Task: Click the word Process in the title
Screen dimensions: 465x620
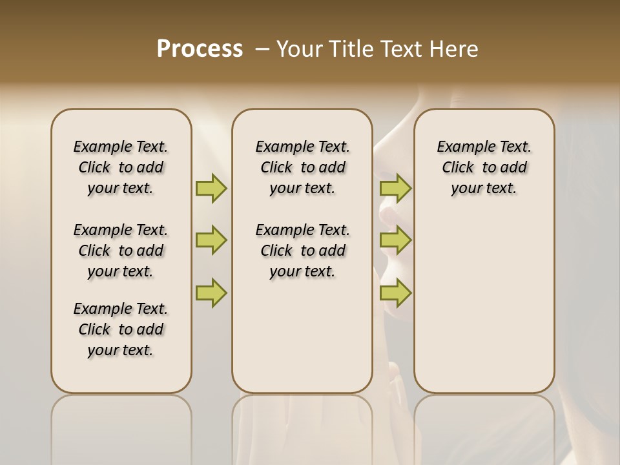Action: click(x=200, y=49)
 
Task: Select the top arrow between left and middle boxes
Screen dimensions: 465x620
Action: click(x=211, y=188)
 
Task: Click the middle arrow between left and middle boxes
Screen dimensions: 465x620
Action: click(x=211, y=240)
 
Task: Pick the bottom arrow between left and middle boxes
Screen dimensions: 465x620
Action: click(x=211, y=293)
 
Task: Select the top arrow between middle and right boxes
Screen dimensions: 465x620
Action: click(x=395, y=188)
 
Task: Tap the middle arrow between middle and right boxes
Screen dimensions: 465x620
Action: click(x=395, y=240)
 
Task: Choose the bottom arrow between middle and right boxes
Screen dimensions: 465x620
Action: click(x=395, y=293)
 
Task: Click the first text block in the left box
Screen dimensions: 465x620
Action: click(x=121, y=167)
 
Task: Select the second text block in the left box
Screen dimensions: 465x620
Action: click(x=121, y=251)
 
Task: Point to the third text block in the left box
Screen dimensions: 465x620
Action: click(x=121, y=329)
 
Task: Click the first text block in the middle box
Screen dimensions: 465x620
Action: click(x=302, y=167)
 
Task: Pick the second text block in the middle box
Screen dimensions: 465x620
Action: click(x=302, y=251)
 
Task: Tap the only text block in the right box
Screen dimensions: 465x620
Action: click(x=484, y=167)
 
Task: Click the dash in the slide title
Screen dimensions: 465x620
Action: click(x=262, y=49)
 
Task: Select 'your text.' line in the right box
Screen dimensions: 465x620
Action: click(x=484, y=188)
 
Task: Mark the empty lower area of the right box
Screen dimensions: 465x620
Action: click(x=484, y=304)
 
